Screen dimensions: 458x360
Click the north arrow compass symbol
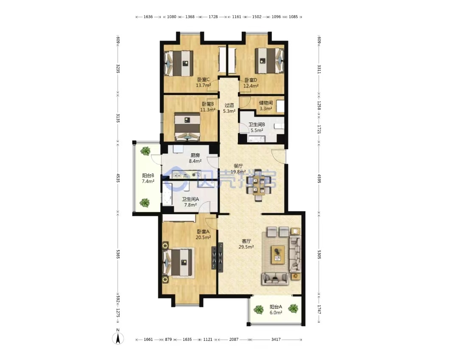[x=118, y=338]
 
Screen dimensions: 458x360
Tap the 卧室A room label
[x=203, y=232]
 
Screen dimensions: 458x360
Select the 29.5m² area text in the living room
[x=246, y=247]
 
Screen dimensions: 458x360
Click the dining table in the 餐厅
[x=258, y=185]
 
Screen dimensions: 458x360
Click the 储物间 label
[x=266, y=103]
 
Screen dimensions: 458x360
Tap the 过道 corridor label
[x=229, y=105]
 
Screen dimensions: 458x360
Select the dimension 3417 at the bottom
[x=276, y=339]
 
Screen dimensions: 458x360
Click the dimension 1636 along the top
[x=148, y=17]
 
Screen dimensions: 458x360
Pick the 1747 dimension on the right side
[x=319, y=310]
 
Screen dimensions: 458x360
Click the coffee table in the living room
[x=278, y=254]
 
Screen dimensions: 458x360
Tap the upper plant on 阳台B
[x=145, y=151]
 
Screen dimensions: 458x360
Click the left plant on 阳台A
[x=259, y=310]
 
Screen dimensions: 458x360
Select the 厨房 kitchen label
[x=195, y=155]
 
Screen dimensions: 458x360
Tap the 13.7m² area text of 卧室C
[x=203, y=86]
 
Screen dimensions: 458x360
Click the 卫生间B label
[x=257, y=124]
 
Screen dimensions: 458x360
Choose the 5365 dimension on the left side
[x=118, y=254]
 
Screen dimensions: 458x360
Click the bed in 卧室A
[x=179, y=262]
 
